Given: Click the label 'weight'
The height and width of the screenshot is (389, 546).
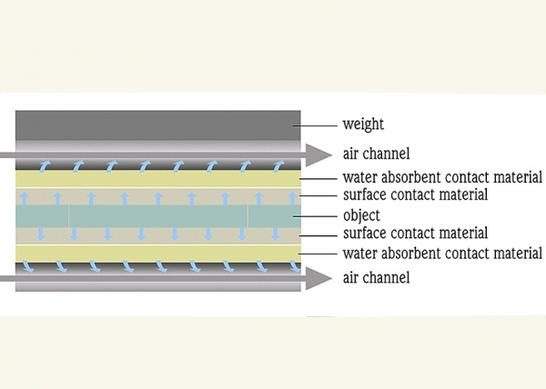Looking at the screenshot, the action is click(363, 125).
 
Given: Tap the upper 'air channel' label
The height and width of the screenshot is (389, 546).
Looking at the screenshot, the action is click(376, 154).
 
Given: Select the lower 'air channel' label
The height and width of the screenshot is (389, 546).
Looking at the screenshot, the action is click(376, 277).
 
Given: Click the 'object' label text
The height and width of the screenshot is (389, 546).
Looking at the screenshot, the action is click(361, 216).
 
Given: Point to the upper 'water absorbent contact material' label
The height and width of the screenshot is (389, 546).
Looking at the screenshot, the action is click(442, 177).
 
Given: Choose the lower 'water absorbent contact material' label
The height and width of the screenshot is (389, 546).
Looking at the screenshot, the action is click(442, 253).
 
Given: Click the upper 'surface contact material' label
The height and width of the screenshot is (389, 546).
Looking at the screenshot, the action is click(416, 194).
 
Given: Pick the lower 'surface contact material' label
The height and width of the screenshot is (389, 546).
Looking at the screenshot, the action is click(416, 233).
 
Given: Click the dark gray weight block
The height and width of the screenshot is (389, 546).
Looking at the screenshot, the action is click(158, 125).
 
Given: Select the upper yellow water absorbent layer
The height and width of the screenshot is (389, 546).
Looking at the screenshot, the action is click(158, 179).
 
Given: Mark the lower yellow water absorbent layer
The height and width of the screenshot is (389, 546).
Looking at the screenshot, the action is click(158, 254).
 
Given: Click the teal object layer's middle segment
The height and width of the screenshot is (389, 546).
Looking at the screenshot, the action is click(158, 216).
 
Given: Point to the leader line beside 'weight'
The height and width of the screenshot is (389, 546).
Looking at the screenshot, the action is click(315, 125).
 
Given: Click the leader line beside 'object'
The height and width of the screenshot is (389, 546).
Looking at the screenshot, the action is click(315, 216).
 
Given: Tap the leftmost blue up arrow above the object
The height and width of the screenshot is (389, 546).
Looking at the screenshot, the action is click(24, 198).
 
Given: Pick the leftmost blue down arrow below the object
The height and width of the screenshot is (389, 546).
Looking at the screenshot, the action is click(41, 234).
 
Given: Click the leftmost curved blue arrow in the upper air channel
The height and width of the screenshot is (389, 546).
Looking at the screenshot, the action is click(45, 166).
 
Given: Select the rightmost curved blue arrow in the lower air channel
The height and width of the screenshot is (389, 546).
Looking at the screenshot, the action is click(295, 266).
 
